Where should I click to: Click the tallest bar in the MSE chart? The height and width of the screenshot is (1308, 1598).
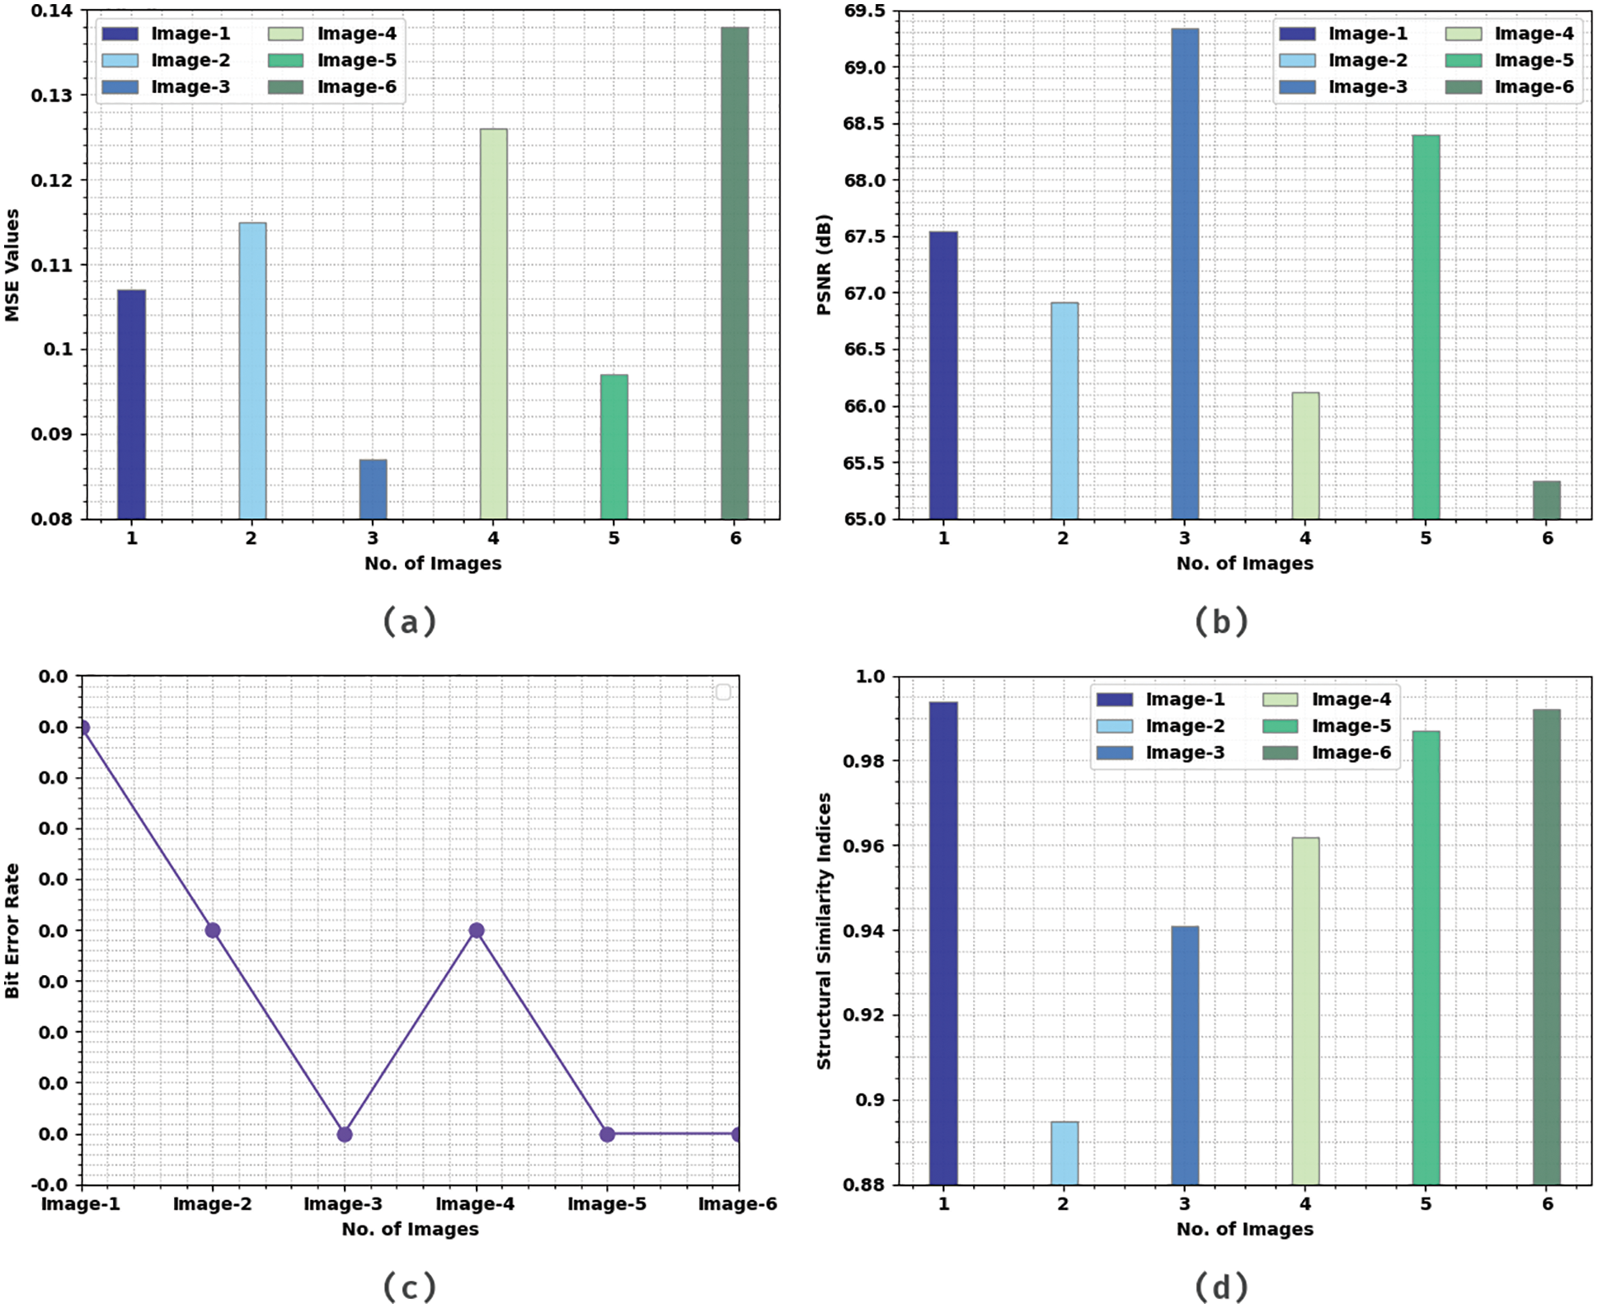[x=735, y=272]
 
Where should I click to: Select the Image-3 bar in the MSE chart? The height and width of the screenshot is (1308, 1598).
[x=373, y=490]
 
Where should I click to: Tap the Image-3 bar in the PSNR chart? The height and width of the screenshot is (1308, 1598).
[x=1185, y=272]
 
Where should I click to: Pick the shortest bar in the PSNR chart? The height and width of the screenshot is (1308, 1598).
[x=1546, y=500]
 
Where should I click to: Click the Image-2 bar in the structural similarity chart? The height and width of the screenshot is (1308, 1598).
[x=1065, y=1153]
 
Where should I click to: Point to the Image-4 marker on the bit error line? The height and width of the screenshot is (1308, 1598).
[x=476, y=931]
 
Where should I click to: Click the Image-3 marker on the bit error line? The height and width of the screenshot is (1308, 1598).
[x=345, y=1135]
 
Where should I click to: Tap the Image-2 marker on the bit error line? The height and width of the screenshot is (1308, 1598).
[x=213, y=931]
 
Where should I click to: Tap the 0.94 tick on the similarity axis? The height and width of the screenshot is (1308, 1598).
[x=863, y=931]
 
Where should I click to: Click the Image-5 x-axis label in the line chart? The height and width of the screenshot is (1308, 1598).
[x=607, y=1204]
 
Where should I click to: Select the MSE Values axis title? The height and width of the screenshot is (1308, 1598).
[x=12, y=265]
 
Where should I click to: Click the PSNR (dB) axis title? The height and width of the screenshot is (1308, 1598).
[x=824, y=265]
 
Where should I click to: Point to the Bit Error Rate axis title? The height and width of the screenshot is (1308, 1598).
[x=12, y=931]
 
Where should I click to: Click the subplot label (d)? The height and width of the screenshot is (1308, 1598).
[x=1221, y=1287]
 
